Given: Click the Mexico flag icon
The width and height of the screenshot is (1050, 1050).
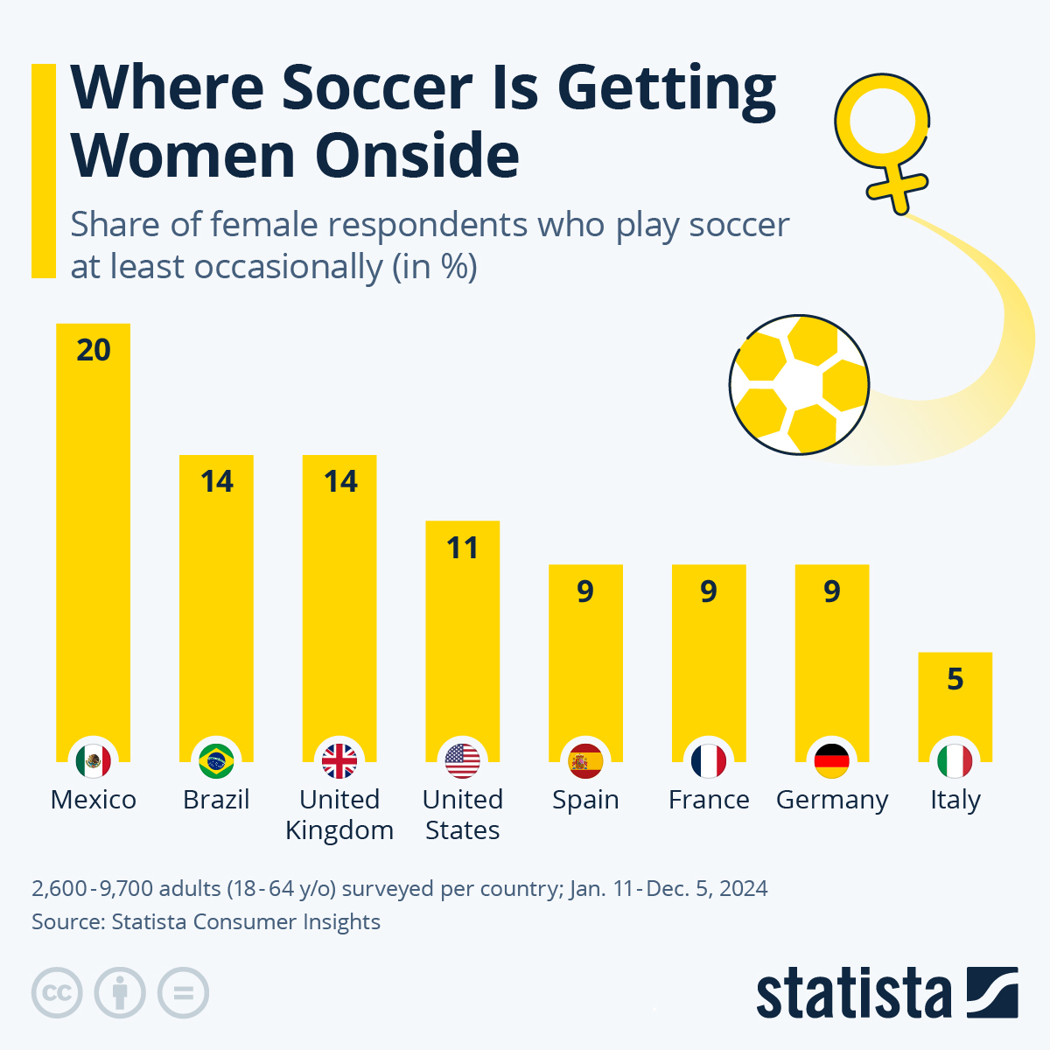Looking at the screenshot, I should pos(93,761).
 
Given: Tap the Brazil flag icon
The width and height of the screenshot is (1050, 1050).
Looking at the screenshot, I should pos(216,761).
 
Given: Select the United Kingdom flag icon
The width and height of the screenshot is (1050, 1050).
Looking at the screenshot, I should pos(339,761).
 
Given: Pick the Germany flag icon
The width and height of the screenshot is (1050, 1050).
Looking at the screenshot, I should pos(831,761).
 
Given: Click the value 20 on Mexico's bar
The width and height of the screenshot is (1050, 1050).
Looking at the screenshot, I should pos(94,350).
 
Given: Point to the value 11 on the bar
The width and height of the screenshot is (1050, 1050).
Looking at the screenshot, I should pos(462,548).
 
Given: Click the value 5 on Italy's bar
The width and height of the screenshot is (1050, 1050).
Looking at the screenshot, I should pos(955,679).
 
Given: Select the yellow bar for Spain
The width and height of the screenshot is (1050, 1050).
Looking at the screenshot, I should pos(585,665).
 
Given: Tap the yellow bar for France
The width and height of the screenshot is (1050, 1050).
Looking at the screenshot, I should pos(709,665).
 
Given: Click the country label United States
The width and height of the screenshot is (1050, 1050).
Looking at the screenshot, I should pos(462,814).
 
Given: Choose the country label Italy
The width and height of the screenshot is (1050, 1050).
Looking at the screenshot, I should pos(955,800).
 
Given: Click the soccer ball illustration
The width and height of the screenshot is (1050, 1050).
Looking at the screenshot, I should pos(798,385).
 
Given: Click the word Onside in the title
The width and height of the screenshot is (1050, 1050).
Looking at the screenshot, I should pos(417,156).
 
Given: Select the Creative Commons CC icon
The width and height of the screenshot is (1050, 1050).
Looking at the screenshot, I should pos(57,993).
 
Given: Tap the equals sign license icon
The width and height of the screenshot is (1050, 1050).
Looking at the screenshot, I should pos(183,993).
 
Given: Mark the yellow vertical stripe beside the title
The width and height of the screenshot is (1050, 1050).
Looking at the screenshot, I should pos(43,171).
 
